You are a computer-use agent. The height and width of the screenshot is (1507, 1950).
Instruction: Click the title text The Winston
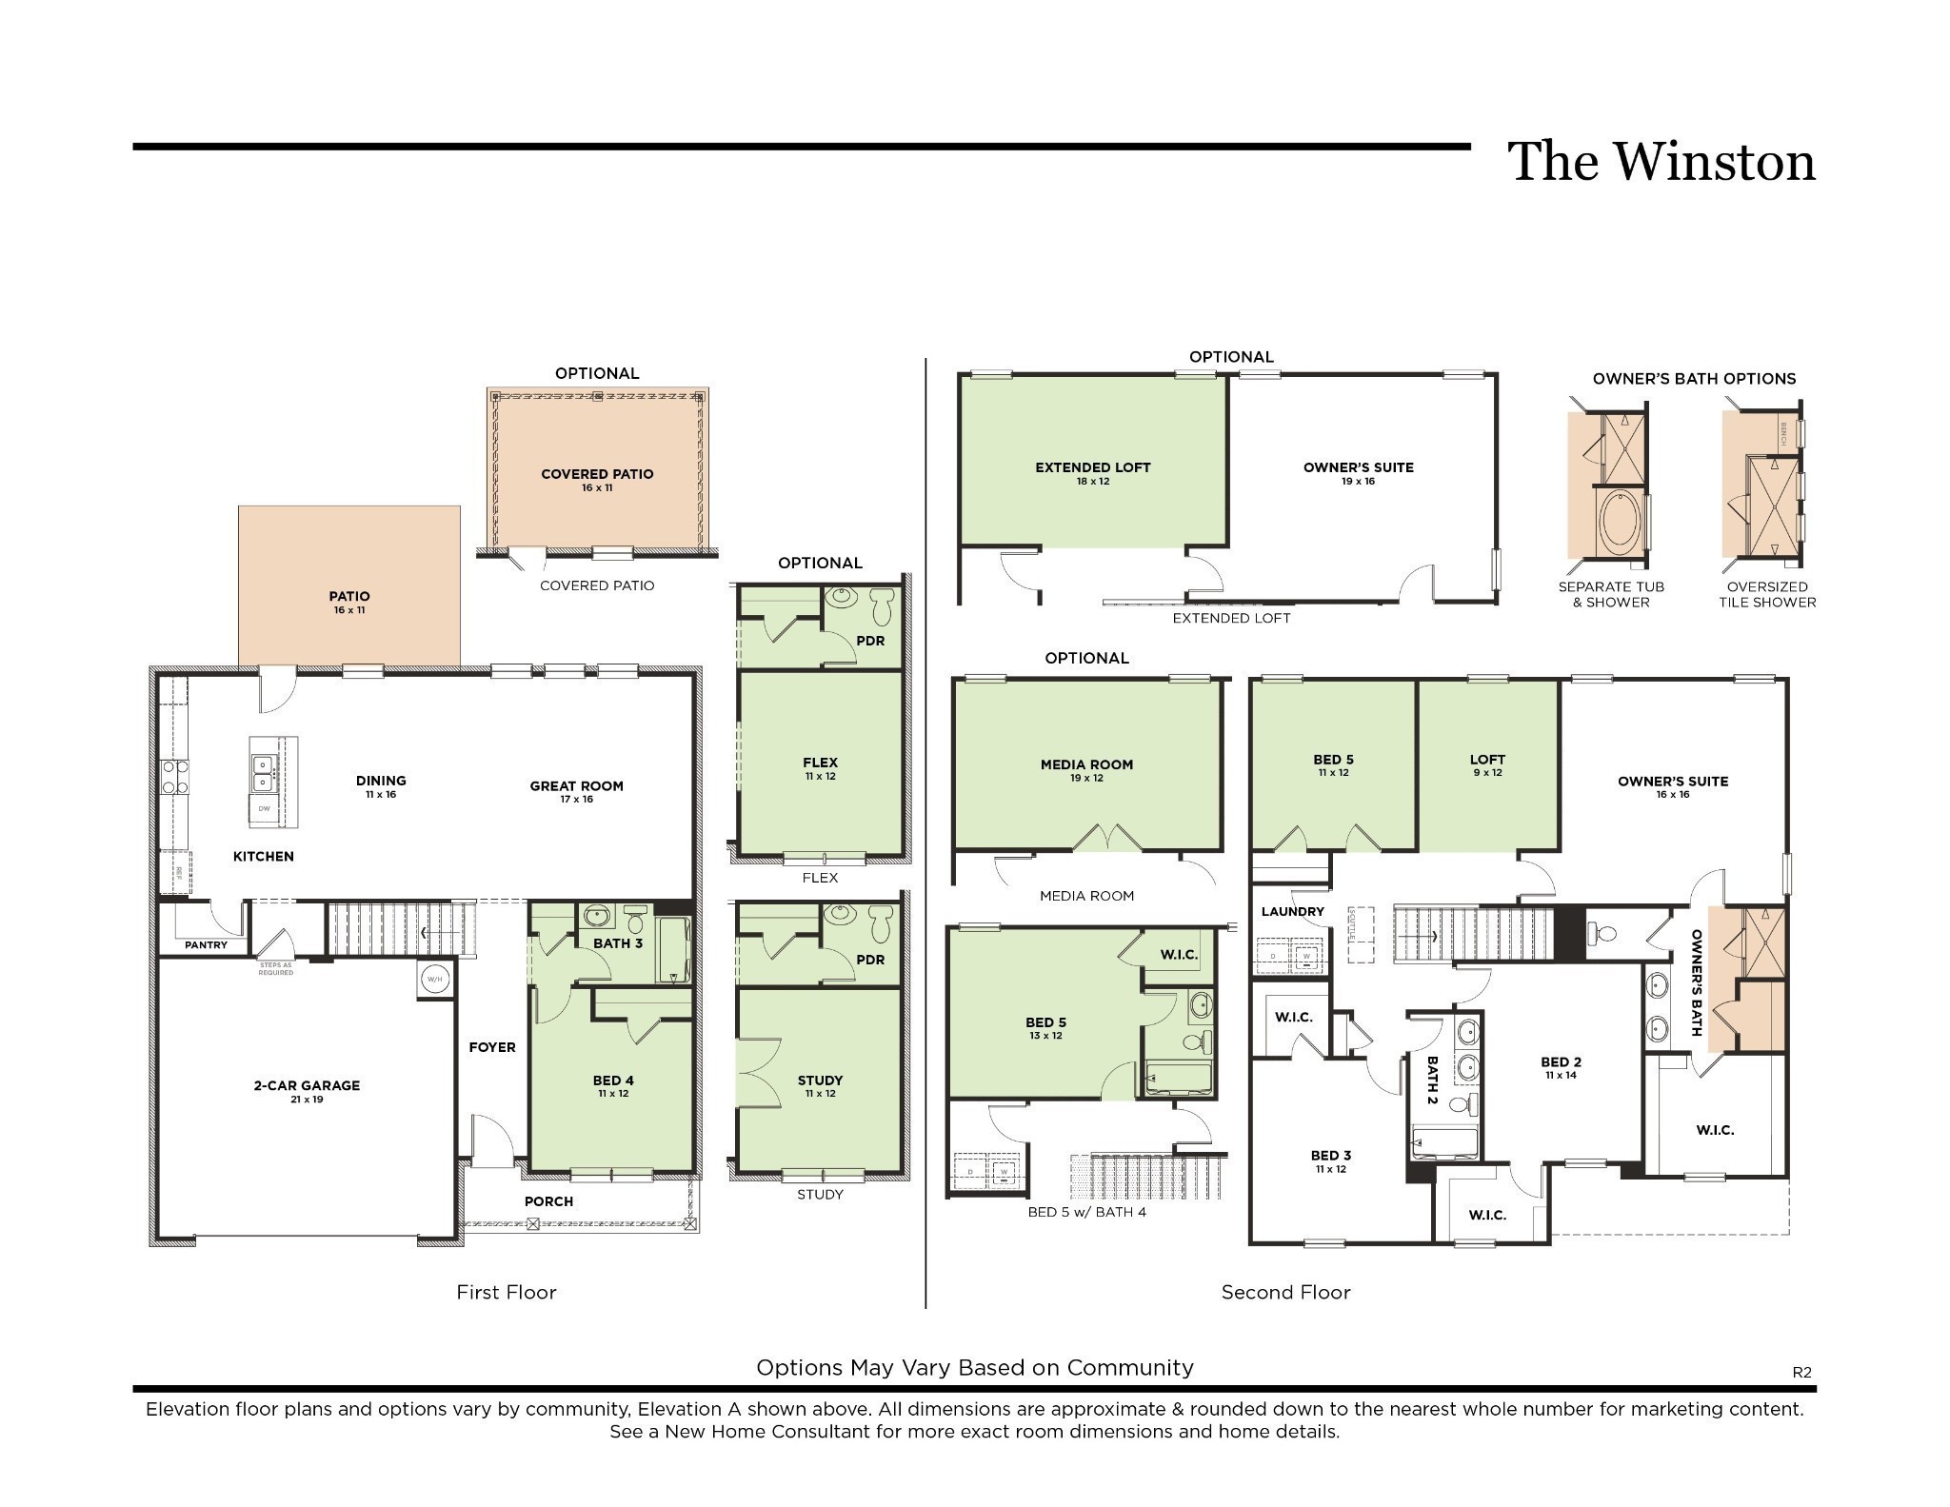coord(1661,162)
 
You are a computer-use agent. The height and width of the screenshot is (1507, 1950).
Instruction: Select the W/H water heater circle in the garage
coord(434,979)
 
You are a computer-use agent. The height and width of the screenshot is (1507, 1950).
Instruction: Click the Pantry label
coord(206,945)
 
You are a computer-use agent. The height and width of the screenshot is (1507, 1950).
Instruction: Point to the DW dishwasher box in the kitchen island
coord(265,809)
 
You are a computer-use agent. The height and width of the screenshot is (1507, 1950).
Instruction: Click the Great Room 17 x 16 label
coord(576,791)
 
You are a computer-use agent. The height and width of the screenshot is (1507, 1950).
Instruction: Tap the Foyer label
coord(492,1047)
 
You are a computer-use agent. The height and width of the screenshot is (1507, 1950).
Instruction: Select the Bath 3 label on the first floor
coord(618,943)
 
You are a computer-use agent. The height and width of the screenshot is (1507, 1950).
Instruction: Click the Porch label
coord(548,1201)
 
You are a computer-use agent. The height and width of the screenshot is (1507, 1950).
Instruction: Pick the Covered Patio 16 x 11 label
coord(597,480)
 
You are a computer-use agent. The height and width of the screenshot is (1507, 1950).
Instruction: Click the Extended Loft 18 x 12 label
coord(1092,473)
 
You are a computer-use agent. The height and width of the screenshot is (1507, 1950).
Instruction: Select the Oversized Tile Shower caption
coord(1766,594)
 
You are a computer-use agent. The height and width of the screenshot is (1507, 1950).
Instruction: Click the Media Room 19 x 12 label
coord(1086,770)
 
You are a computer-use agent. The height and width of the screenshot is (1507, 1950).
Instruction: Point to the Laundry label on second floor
coord(1292,911)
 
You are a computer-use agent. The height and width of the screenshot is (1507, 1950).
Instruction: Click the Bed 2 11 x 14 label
coord(1561,1067)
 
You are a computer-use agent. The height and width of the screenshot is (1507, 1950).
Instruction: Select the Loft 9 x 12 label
coord(1486,764)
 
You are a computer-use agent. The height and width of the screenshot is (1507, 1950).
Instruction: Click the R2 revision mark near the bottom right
coord(1801,1372)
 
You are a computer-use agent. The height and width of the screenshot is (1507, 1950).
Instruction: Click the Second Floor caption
coord(1285,1292)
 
